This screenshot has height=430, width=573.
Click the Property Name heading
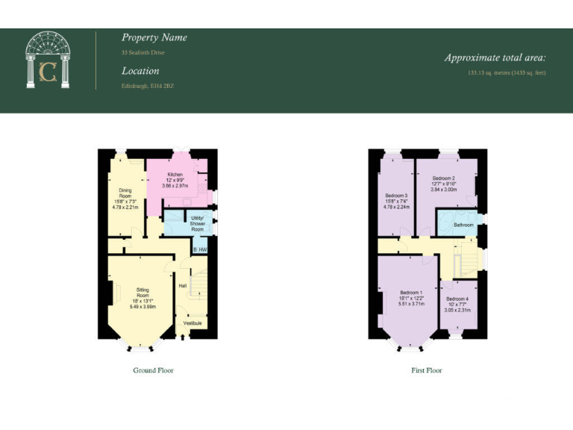pyautogui.click(x=154, y=37)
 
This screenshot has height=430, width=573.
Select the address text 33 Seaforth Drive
pyautogui.click(x=143, y=53)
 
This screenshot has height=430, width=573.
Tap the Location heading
pyautogui.click(x=140, y=71)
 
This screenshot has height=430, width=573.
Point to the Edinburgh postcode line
pyautogui.click(x=148, y=87)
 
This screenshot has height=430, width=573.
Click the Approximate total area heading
pyautogui.click(x=495, y=57)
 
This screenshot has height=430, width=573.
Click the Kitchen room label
pyautogui.click(x=175, y=174)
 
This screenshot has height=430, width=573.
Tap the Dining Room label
pyautogui.click(x=125, y=194)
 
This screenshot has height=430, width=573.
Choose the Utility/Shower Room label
pyautogui.click(x=197, y=223)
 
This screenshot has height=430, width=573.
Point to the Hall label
pyautogui.click(x=182, y=285)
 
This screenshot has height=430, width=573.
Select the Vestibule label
pyautogui.click(x=192, y=323)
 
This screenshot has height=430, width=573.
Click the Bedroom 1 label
pyautogui.click(x=411, y=292)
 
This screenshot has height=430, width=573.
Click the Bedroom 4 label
pyautogui.click(x=456, y=299)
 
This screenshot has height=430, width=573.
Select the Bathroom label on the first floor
pyautogui.click(x=464, y=224)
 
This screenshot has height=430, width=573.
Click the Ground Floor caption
pyautogui.click(x=153, y=370)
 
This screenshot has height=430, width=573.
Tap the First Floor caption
pyautogui.click(x=427, y=370)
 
